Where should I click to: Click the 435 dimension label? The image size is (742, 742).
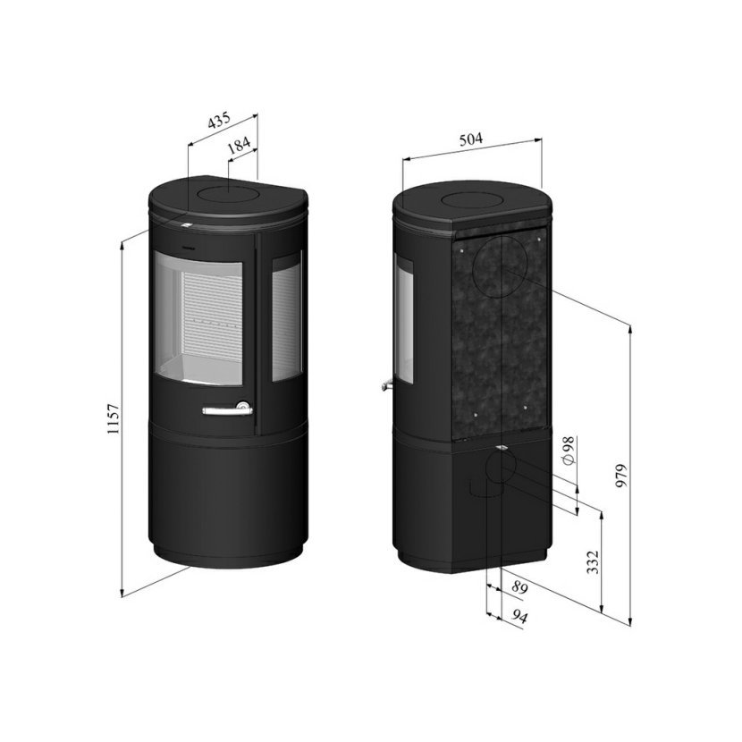[x=219, y=120]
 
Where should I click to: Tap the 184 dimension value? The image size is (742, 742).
[x=239, y=145]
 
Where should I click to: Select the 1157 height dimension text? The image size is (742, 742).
[x=114, y=419]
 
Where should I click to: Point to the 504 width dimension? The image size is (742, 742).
[x=471, y=139]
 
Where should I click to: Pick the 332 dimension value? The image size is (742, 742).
[x=593, y=561]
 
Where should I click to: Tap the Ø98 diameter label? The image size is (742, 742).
[x=569, y=450]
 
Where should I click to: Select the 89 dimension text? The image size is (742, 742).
[x=519, y=587]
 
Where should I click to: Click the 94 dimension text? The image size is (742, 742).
[x=519, y=616]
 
